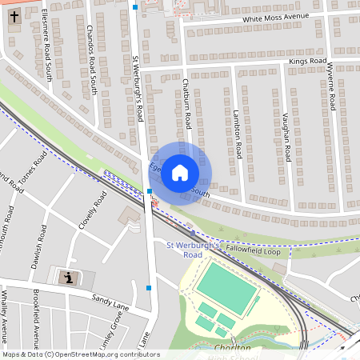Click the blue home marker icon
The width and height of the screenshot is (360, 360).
(180, 173)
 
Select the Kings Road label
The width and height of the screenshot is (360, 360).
(308, 61)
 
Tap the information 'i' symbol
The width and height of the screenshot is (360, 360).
(70, 278)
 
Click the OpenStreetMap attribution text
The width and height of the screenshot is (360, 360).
(80, 354)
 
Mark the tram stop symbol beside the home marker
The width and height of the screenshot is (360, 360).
(150, 191)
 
